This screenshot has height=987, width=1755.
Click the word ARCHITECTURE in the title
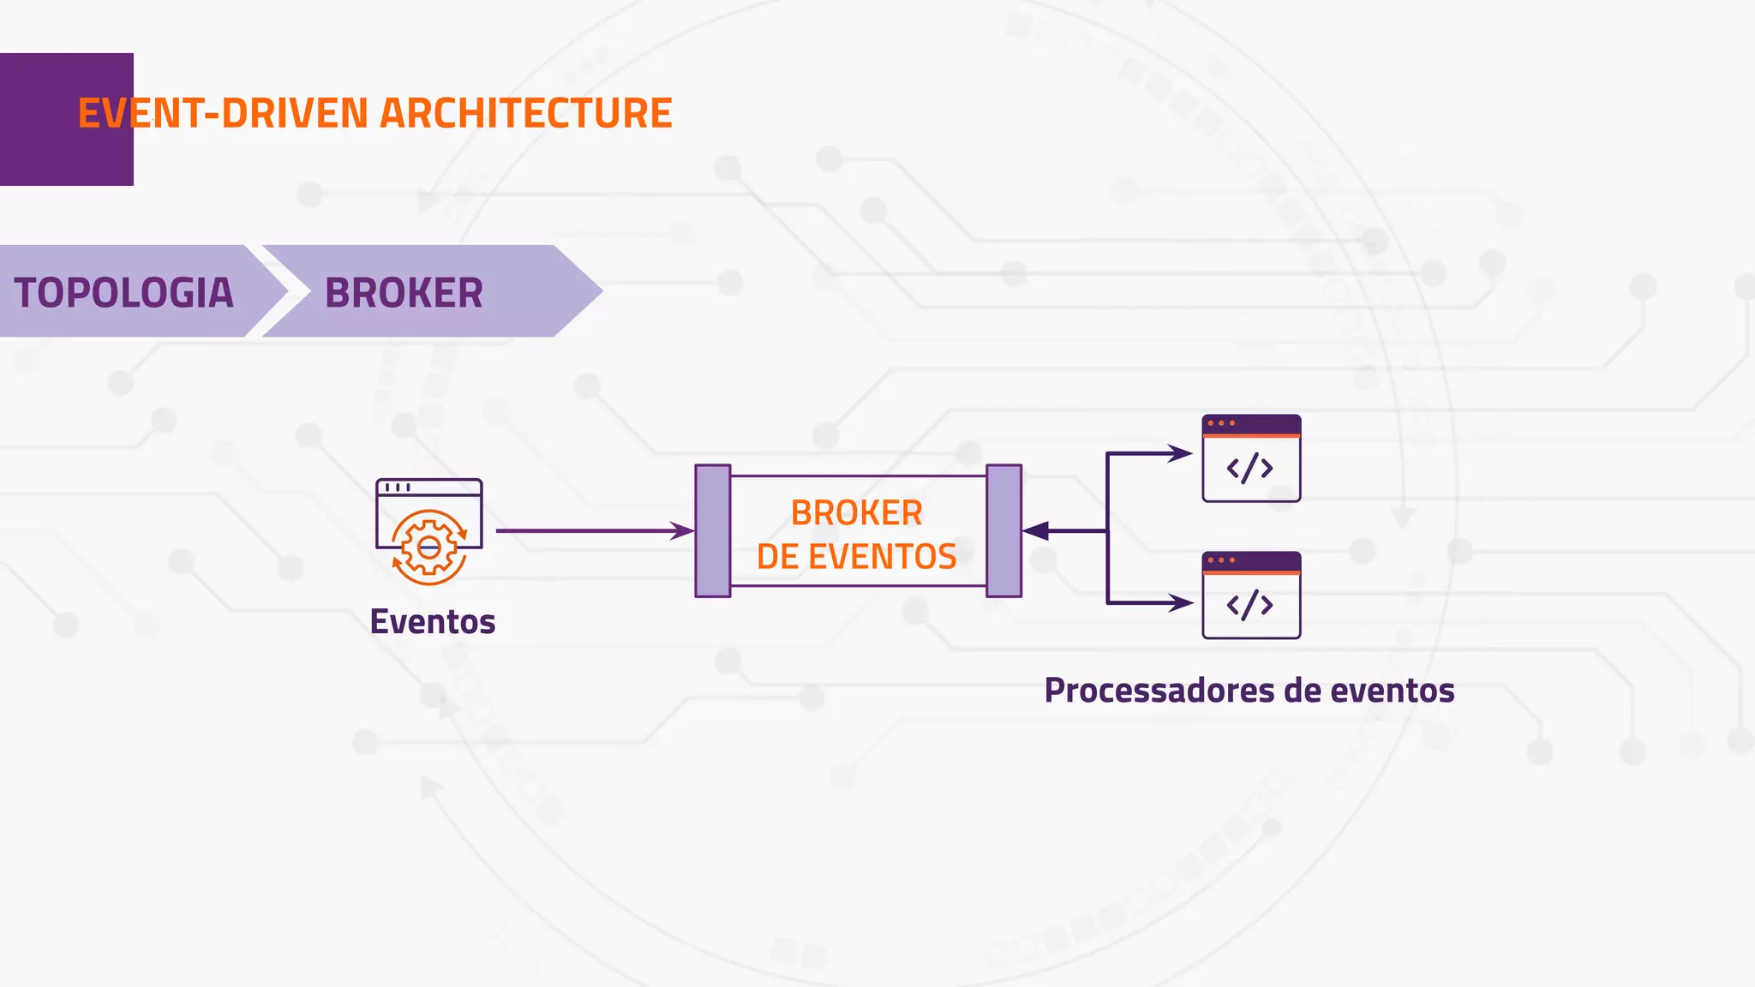point(525,113)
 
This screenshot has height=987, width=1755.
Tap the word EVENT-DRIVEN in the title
point(223,113)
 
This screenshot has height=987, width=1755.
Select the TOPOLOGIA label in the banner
point(123,293)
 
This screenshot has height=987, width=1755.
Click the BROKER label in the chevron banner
point(404,293)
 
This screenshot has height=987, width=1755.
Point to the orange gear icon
point(429,547)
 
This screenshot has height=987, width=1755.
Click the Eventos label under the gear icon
point(433,621)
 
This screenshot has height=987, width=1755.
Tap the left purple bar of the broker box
point(713,531)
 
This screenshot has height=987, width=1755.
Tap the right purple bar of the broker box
point(1003,531)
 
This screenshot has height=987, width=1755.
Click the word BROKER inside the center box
point(856,512)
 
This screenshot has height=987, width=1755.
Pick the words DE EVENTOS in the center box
point(856,557)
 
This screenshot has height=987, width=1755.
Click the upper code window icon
point(1251,459)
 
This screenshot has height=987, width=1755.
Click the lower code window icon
point(1251,596)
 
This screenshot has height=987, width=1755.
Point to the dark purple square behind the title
point(39,120)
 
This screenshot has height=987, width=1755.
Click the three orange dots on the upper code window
point(1221,423)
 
